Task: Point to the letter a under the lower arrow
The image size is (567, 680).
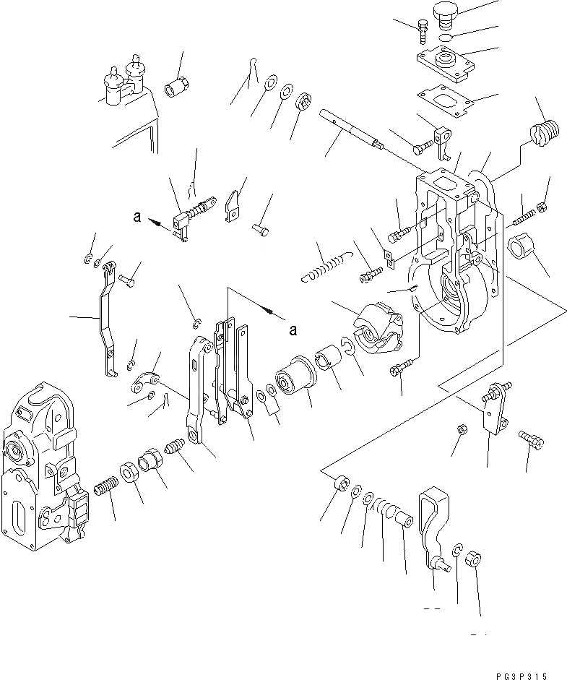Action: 293,330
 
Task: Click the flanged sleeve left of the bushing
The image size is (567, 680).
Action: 293,374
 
